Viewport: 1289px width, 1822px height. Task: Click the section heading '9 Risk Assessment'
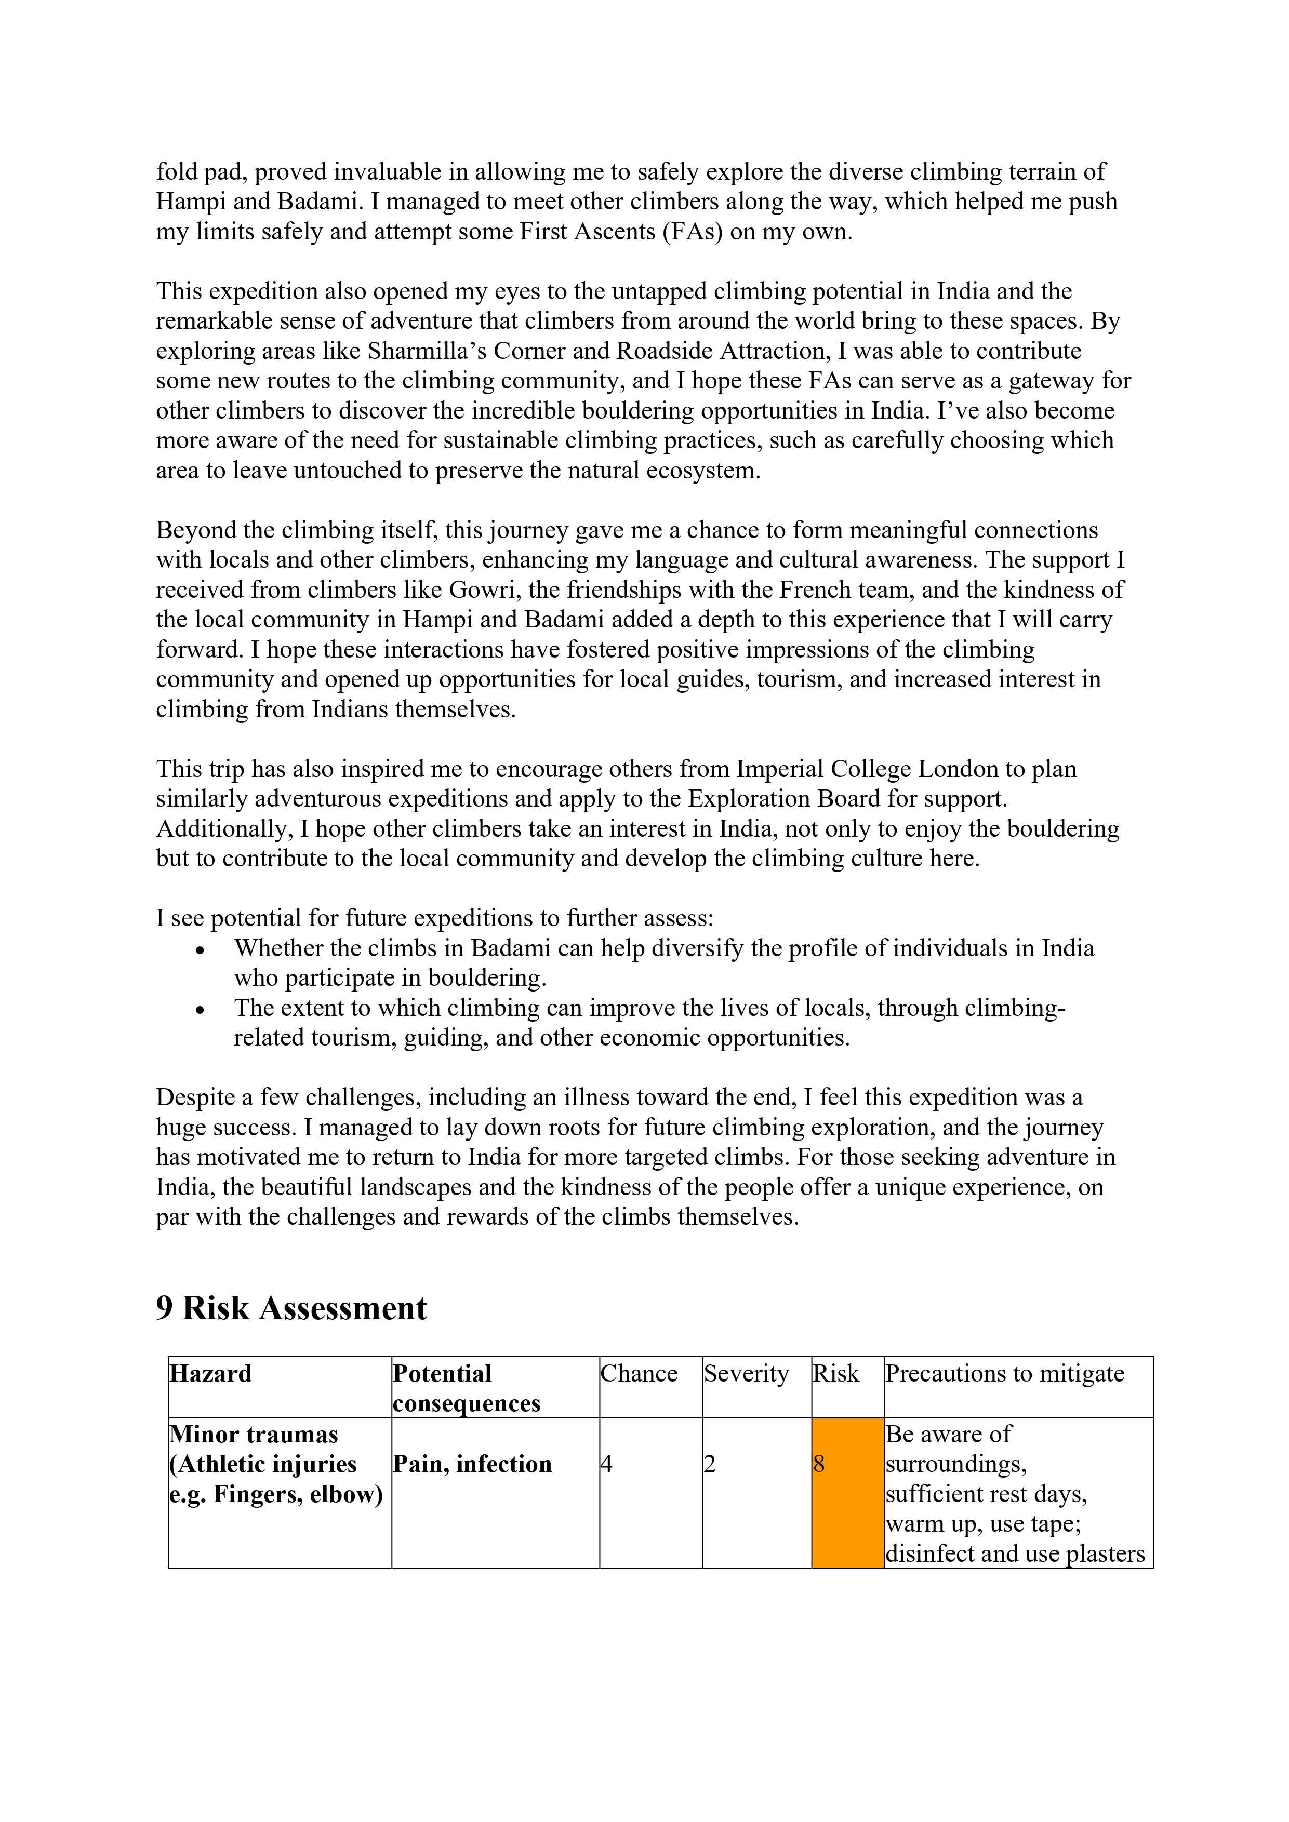[x=291, y=1308]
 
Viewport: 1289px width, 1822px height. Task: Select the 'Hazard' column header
[x=210, y=1374]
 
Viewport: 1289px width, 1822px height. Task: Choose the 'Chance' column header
[x=639, y=1374]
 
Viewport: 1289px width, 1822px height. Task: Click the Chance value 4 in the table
[x=606, y=1464]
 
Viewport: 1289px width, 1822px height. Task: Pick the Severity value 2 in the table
[x=710, y=1464]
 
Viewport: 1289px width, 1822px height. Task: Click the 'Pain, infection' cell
[x=472, y=1464]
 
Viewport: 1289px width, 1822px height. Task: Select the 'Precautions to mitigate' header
[x=1005, y=1374]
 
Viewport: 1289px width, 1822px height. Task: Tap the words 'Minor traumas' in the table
[x=254, y=1434]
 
